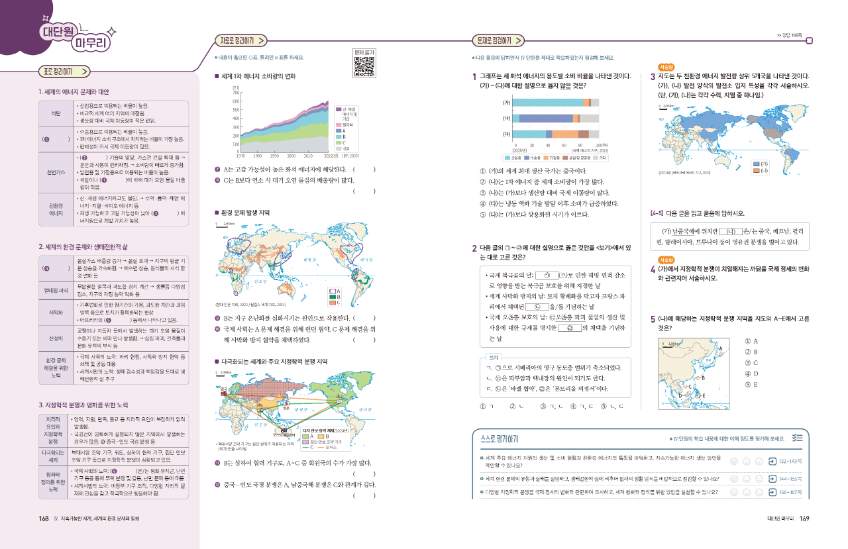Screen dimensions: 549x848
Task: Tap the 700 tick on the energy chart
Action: click(x=235, y=93)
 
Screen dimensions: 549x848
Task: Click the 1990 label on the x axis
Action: click(x=274, y=156)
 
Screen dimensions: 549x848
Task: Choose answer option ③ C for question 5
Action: click(x=751, y=363)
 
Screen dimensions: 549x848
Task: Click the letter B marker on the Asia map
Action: click(x=703, y=378)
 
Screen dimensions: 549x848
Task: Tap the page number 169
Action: click(x=804, y=519)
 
